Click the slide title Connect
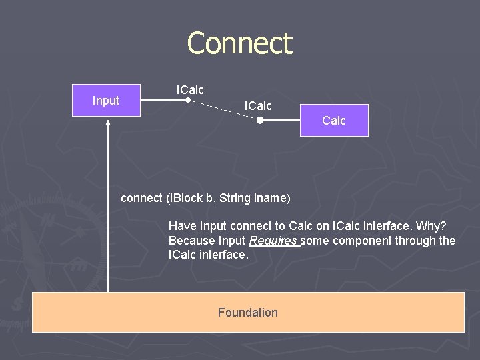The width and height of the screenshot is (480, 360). click(x=240, y=44)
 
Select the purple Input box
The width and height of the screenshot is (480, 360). click(x=106, y=101)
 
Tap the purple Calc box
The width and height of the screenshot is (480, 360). click(x=334, y=120)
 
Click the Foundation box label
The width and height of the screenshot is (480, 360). click(x=247, y=313)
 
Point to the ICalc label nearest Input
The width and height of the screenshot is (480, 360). click(x=190, y=89)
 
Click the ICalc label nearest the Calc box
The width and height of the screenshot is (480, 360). click(x=258, y=106)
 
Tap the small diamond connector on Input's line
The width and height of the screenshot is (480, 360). click(x=188, y=101)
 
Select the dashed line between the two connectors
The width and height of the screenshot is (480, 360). click(x=224, y=110)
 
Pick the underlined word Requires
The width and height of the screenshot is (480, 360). click(x=273, y=241)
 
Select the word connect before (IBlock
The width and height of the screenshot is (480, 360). click(x=141, y=198)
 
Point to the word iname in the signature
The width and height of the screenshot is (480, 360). click(x=271, y=198)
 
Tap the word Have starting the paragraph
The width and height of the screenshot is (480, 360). click(x=181, y=227)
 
